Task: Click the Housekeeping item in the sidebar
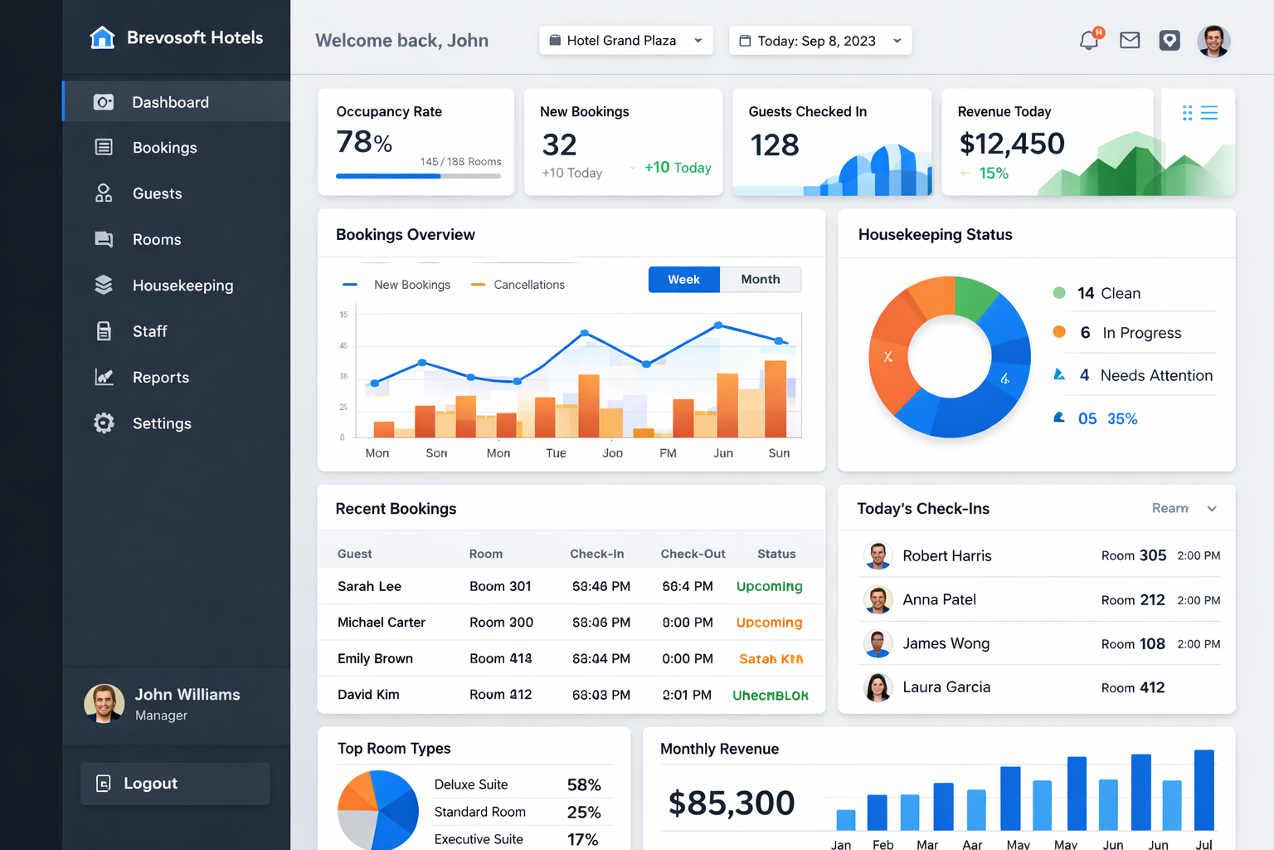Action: point(182,286)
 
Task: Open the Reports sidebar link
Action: point(160,378)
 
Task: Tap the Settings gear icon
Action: point(104,423)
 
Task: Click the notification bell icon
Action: point(1089,40)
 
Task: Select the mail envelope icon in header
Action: point(1130,40)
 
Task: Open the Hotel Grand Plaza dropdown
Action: point(626,41)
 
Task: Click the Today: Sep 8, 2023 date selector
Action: point(819,41)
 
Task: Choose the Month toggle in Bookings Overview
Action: point(760,280)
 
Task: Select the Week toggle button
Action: point(683,280)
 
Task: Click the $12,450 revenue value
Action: point(1011,144)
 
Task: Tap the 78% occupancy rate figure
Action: point(364,142)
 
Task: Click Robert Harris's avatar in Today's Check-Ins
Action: point(878,555)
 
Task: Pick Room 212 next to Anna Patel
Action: point(1133,599)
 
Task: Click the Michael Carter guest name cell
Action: point(382,623)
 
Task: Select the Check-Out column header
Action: point(693,554)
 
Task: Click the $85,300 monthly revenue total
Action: point(732,803)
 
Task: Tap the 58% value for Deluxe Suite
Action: point(584,784)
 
